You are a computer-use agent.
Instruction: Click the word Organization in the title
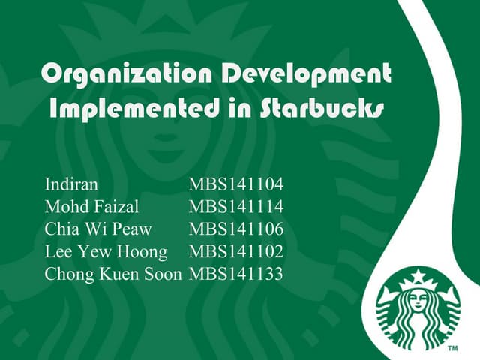[106, 74]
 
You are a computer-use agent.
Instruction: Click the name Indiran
[71, 184]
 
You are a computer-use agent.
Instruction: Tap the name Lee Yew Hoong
[106, 251]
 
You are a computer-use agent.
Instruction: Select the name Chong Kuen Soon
[113, 274]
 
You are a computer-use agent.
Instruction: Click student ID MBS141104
[236, 184]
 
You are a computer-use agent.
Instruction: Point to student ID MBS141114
[236, 206]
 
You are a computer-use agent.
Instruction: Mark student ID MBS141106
[236, 229]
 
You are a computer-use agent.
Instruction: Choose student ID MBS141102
[236, 251]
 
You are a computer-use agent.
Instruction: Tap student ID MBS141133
[236, 274]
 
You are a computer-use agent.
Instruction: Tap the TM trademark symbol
[453, 349]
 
